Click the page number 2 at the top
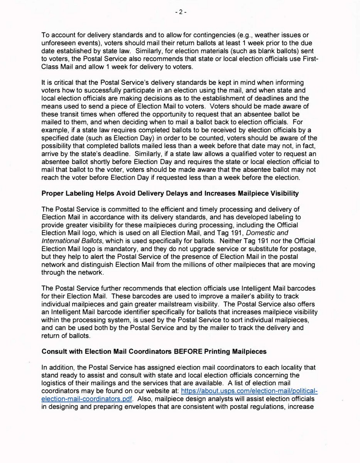tap(180, 12)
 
